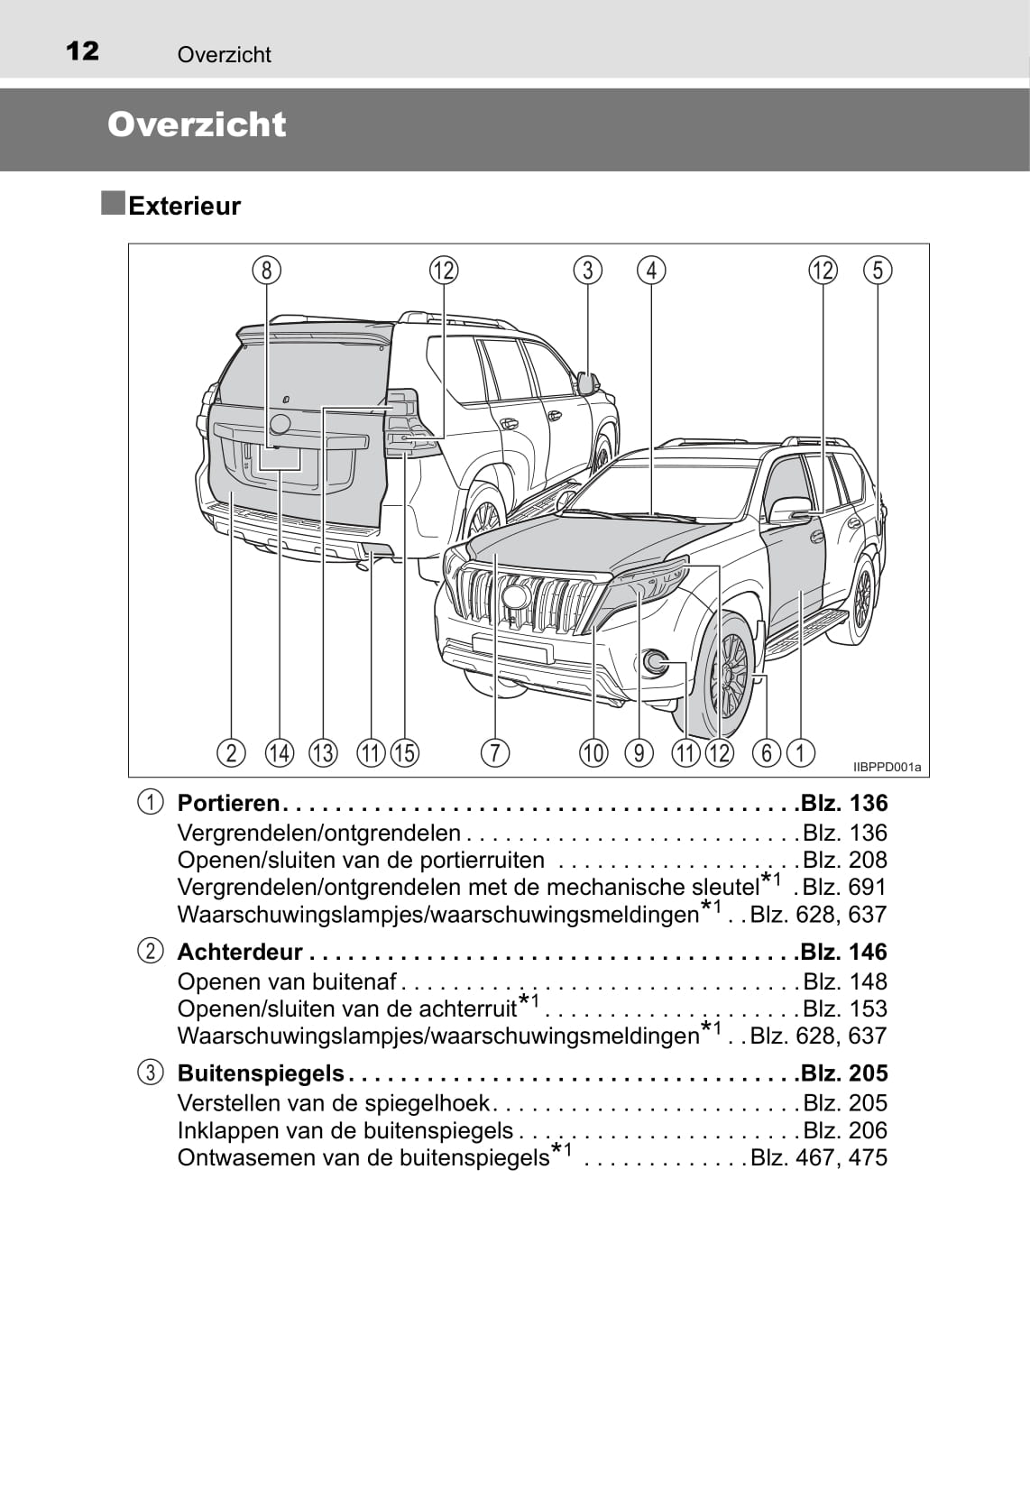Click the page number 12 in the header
[x=82, y=51]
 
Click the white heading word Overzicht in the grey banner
[x=197, y=124]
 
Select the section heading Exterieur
[x=184, y=206]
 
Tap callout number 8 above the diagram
[x=266, y=270]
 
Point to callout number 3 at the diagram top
[x=587, y=270]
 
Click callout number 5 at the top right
[x=877, y=270]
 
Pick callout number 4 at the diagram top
[x=651, y=270]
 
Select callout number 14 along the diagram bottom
[x=280, y=752]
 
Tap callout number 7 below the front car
[x=494, y=752]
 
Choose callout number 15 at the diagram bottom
[x=405, y=752]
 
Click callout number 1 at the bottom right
[x=800, y=752]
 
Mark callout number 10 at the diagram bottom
[x=593, y=752]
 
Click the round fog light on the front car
[x=656, y=664]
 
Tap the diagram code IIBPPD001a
[x=887, y=768]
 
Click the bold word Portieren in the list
[x=228, y=803]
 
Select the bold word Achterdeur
[x=240, y=952]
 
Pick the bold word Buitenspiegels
[x=261, y=1073]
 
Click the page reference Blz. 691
[x=844, y=887]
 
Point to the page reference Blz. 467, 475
[x=819, y=1157]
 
